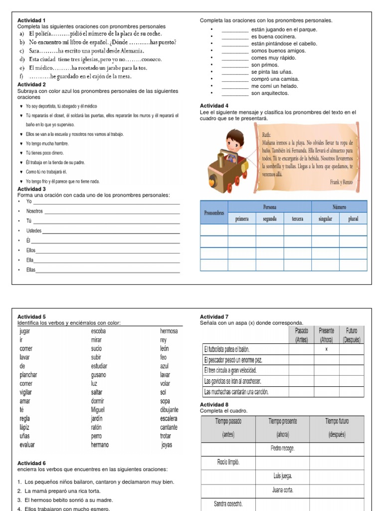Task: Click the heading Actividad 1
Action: click(x=31, y=20)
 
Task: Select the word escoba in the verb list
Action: click(x=98, y=331)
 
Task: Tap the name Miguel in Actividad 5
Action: click(x=98, y=410)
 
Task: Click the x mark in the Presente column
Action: click(x=326, y=349)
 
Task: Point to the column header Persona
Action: click(x=270, y=207)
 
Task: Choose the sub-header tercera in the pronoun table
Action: click(x=297, y=219)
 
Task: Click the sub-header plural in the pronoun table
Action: click(x=353, y=219)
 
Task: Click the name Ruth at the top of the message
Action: click(x=267, y=135)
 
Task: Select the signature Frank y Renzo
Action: click(x=341, y=183)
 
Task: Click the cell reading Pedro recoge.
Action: click(x=282, y=448)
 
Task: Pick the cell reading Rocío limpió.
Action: click(x=228, y=463)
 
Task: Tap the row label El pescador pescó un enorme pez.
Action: click(x=233, y=360)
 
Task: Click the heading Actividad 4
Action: click(x=214, y=106)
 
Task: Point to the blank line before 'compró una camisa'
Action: click(x=235, y=79)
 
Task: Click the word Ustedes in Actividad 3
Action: click(x=34, y=231)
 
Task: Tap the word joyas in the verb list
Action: click(x=167, y=445)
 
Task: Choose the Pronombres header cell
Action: click(x=214, y=213)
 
